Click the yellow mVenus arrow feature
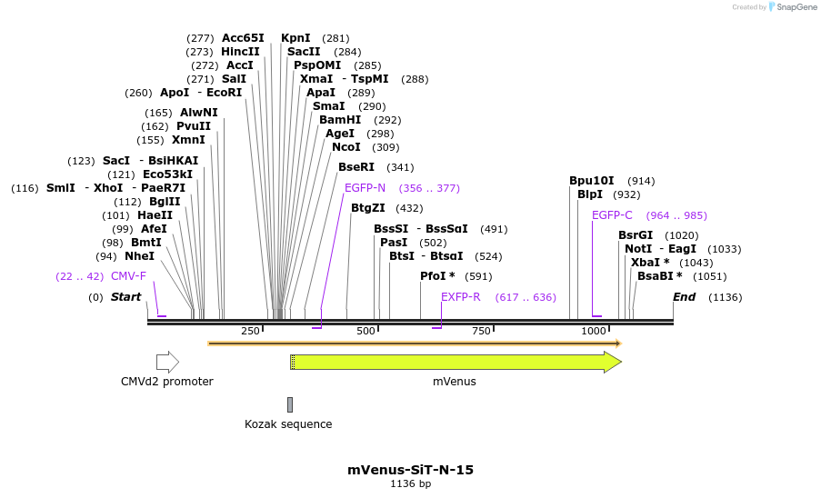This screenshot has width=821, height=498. pyautogui.click(x=455, y=363)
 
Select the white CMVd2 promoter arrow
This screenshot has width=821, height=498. pyautogui.click(x=167, y=363)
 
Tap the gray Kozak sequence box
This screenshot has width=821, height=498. pyautogui.click(x=290, y=404)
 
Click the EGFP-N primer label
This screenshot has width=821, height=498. pyautogui.click(x=365, y=188)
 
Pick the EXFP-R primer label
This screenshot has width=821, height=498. pyautogui.click(x=460, y=297)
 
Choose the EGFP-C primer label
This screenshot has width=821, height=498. pyautogui.click(x=612, y=215)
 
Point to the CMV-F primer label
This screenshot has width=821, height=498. pyautogui.click(x=128, y=276)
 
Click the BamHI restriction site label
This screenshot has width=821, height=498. pyautogui.click(x=340, y=120)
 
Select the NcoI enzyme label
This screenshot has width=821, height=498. pyautogui.click(x=345, y=147)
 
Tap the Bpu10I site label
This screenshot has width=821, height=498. pyautogui.click(x=591, y=181)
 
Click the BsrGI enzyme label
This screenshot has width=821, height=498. pyautogui.click(x=636, y=235)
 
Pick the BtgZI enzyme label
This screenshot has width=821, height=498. pyautogui.click(x=368, y=208)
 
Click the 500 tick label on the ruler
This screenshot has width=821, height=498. pyautogui.click(x=366, y=332)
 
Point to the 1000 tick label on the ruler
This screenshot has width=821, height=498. pyautogui.click(x=594, y=332)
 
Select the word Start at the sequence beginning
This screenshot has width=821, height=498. pyautogui.click(x=125, y=297)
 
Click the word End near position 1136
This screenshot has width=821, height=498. pyautogui.click(x=684, y=297)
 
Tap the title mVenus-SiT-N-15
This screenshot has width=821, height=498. pyautogui.click(x=410, y=470)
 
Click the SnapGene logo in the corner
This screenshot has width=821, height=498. pyautogui.click(x=792, y=7)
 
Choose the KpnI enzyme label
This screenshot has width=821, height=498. pyautogui.click(x=295, y=38)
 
